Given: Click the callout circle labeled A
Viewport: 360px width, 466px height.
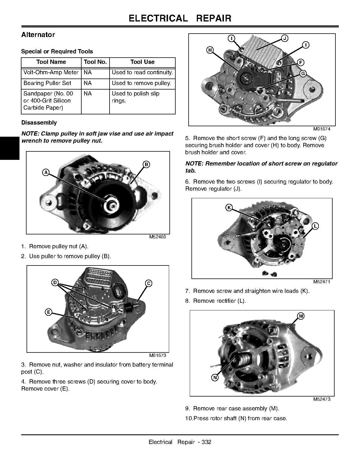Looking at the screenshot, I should [46, 172].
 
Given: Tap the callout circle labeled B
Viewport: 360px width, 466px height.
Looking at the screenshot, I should [146, 164].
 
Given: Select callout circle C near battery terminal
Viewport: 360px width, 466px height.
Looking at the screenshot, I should [149, 283].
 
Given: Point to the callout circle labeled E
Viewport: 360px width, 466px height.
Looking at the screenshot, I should [49, 312].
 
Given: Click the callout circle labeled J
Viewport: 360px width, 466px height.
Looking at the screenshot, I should [285, 38].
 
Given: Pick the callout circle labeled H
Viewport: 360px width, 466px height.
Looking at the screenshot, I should [210, 50].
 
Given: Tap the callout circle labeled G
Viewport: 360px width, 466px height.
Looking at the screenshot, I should [303, 73].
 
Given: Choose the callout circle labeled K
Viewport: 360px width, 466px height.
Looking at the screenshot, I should [229, 208].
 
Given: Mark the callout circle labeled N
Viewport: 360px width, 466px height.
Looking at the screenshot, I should [215, 378].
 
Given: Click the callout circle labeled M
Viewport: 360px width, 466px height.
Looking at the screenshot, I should [301, 316].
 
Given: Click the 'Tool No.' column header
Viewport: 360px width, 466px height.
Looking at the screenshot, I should [95, 62].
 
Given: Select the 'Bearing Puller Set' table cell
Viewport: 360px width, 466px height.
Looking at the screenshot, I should [47, 83].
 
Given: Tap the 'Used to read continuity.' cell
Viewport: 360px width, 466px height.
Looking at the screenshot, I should [142, 72].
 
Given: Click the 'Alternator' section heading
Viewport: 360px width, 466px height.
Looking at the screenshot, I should [38, 35].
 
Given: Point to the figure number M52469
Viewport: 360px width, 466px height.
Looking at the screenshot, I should [158, 237].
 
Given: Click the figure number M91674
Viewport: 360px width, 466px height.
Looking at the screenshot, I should [321, 129].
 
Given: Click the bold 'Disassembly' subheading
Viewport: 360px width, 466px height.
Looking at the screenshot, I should [39, 123].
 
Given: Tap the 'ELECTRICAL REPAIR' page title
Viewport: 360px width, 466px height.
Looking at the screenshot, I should [180, 18].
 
